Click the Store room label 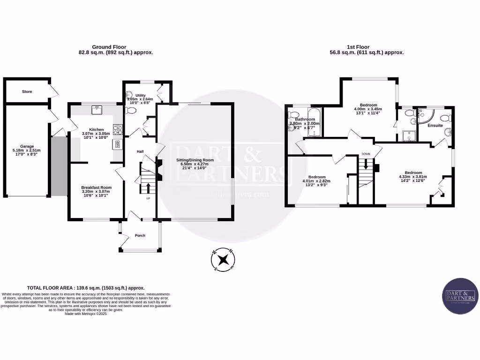[x=27, y=91]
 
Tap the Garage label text [x=27, y=146]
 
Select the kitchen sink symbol [x=97, y=110]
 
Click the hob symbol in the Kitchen [x=118, y=127]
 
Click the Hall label [x=140, y=151]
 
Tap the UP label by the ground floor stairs [x=149, y=198]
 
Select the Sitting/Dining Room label [x=195, y=160]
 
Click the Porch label [x=140, y=235]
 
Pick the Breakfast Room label [x=96, y=187]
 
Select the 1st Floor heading [x=358, y=47]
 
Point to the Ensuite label [x=435, y=125]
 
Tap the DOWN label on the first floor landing [x=366, y=154]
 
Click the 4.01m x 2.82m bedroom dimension [x=316, y=180]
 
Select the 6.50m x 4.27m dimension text [x=195, y=165]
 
